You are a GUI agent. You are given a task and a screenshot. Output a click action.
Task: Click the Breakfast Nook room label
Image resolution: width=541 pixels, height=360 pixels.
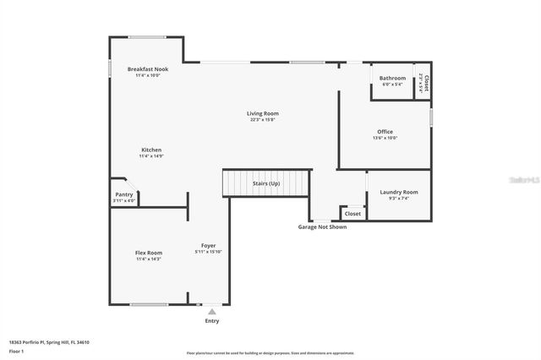[x=148, y=68]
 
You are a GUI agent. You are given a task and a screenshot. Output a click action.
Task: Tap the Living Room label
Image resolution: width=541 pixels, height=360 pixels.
[x=263, y=113]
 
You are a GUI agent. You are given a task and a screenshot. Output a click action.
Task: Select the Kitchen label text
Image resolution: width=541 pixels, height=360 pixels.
[x=150, y=150]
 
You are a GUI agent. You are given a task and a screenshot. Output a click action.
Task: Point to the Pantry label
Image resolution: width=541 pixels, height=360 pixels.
[x=123, y=194]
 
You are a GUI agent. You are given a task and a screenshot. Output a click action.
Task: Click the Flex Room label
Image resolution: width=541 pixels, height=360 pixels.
[x=149, y=253]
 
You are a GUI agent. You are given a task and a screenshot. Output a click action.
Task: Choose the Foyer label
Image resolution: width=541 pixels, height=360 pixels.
[x=208, y=246]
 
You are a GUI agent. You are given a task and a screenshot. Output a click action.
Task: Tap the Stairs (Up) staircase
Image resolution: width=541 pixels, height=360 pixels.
[x=266, y=183]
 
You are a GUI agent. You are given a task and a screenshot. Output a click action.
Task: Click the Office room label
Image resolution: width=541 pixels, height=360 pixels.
[x=385, y=132]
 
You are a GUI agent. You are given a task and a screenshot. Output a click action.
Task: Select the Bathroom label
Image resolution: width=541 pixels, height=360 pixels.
[x=392, y=79]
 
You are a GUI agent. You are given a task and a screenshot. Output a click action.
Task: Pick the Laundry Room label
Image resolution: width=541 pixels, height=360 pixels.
[x=399, y=193]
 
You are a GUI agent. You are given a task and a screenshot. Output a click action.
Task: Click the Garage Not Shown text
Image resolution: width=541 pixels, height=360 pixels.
[x=322, y=226]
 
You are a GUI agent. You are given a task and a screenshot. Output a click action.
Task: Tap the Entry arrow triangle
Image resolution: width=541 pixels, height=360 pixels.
[x=211, y=312]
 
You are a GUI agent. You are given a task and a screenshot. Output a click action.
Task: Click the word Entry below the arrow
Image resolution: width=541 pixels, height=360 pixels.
[x=211, y=321]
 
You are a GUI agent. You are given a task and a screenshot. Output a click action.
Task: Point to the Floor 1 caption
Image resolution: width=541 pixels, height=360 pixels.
[x=18, y=350]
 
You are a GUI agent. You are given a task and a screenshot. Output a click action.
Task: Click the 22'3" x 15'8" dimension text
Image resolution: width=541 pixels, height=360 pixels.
[x=263, y=119]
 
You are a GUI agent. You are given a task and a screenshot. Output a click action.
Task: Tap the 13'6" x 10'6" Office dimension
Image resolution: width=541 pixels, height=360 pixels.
[x=385, y=138]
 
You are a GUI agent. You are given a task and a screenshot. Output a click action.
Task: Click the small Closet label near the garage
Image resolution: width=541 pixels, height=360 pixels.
[x=352, y=214]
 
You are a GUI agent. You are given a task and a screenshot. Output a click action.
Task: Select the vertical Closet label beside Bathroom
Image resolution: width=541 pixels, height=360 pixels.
[x=427, y=83]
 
